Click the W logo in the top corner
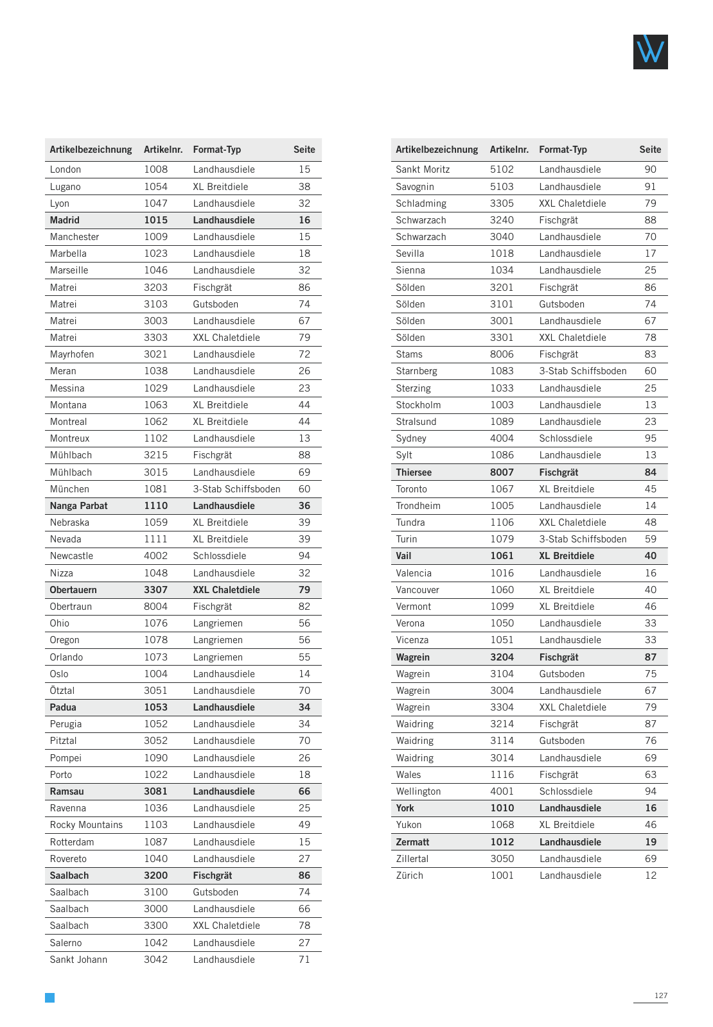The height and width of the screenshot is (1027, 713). coord(650,52)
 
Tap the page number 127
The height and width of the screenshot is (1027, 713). coord(660,996)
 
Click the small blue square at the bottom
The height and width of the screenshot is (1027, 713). coord(49,997)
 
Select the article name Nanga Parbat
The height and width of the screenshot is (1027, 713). coord(78,506)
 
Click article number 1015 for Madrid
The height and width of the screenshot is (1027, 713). coord(155,220)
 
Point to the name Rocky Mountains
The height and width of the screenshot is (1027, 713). coord(86,825)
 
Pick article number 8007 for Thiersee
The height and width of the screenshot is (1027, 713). coord(502,472)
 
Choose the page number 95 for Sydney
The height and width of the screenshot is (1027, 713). coord(650,438)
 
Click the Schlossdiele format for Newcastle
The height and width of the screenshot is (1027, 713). coord(219,556)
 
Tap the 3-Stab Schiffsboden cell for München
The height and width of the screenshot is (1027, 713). coord(236,489)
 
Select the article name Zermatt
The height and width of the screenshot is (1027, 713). coord(412,842)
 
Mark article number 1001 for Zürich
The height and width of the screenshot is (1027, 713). coord(502,876)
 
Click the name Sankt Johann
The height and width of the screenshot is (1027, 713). coord(78,960)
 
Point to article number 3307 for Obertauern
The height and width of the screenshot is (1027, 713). coord(155,590)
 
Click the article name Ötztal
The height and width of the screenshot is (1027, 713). coord(62,691)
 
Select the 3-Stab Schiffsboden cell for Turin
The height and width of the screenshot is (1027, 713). coord(583,539)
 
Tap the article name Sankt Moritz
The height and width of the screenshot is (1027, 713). coord(423,169)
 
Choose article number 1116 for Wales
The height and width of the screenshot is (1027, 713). coord(502,775)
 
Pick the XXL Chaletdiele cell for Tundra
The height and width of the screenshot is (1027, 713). coord(572,522)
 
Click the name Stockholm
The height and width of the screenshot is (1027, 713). coord(418,405)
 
